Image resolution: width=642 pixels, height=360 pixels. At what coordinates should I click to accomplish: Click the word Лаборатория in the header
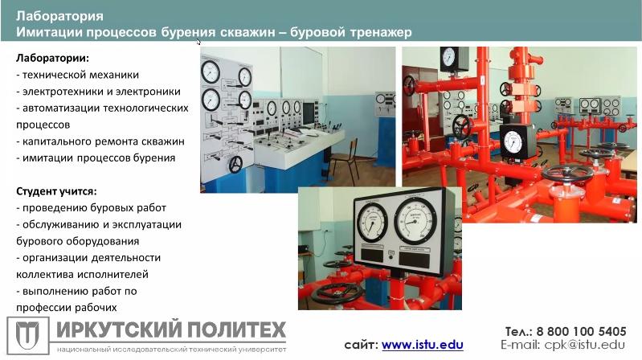[x=59, y=16]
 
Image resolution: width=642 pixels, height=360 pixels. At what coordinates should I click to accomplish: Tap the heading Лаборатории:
[x=52, y=58]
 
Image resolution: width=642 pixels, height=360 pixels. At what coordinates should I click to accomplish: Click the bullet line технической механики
[x=78, y=75]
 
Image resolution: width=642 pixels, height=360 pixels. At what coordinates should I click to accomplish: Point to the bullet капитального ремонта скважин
[x=100, y=141]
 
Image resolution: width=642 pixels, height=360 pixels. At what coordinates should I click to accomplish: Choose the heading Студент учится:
[x=56, y=191]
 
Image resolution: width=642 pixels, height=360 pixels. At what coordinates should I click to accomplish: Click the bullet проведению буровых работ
[x=92, y=208]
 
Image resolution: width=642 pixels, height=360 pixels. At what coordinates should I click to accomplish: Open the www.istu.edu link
[x=422, y=345]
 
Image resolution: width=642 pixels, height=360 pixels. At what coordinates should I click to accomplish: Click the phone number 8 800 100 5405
[x=582, y=331]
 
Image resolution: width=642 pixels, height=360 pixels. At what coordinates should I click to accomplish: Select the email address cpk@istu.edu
[x=585, y=345]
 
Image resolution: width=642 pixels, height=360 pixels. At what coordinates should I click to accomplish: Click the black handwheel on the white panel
[x=235, y=164]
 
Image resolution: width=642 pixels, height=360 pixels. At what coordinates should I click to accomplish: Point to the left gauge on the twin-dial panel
[x=372, y=223]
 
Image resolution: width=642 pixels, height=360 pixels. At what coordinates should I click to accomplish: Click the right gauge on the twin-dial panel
[x=415, y=221]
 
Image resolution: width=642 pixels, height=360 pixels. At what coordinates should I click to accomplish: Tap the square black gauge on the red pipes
[x=513, y=141]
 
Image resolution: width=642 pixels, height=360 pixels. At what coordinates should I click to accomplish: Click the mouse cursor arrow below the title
[x=198, y=42]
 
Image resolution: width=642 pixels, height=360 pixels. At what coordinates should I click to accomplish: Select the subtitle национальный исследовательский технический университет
[x=172, y=350]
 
